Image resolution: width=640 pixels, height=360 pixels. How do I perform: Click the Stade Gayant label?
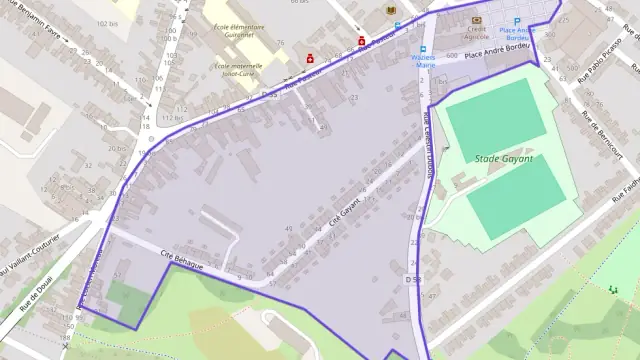[503, 159]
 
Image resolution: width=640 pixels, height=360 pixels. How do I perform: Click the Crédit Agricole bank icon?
[476, 20]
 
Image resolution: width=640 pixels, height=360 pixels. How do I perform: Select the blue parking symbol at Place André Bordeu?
[517, 21]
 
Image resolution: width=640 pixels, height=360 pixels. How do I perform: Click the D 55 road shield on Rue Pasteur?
[267, 94]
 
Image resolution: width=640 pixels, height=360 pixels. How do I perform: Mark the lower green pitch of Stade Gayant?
[516, 195]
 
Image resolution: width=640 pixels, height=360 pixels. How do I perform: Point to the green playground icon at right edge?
[612, 289]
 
